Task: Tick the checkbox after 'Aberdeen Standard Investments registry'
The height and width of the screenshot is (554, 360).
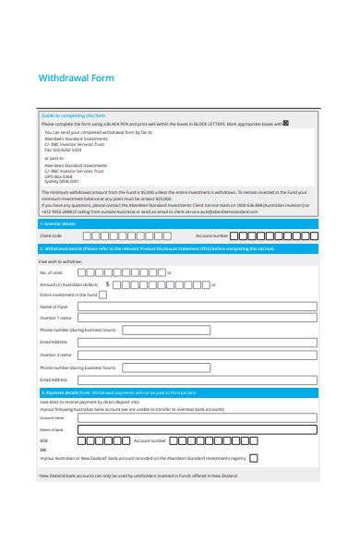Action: [x=254, y=457]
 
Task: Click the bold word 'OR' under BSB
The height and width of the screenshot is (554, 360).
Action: [x=42, y=449]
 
